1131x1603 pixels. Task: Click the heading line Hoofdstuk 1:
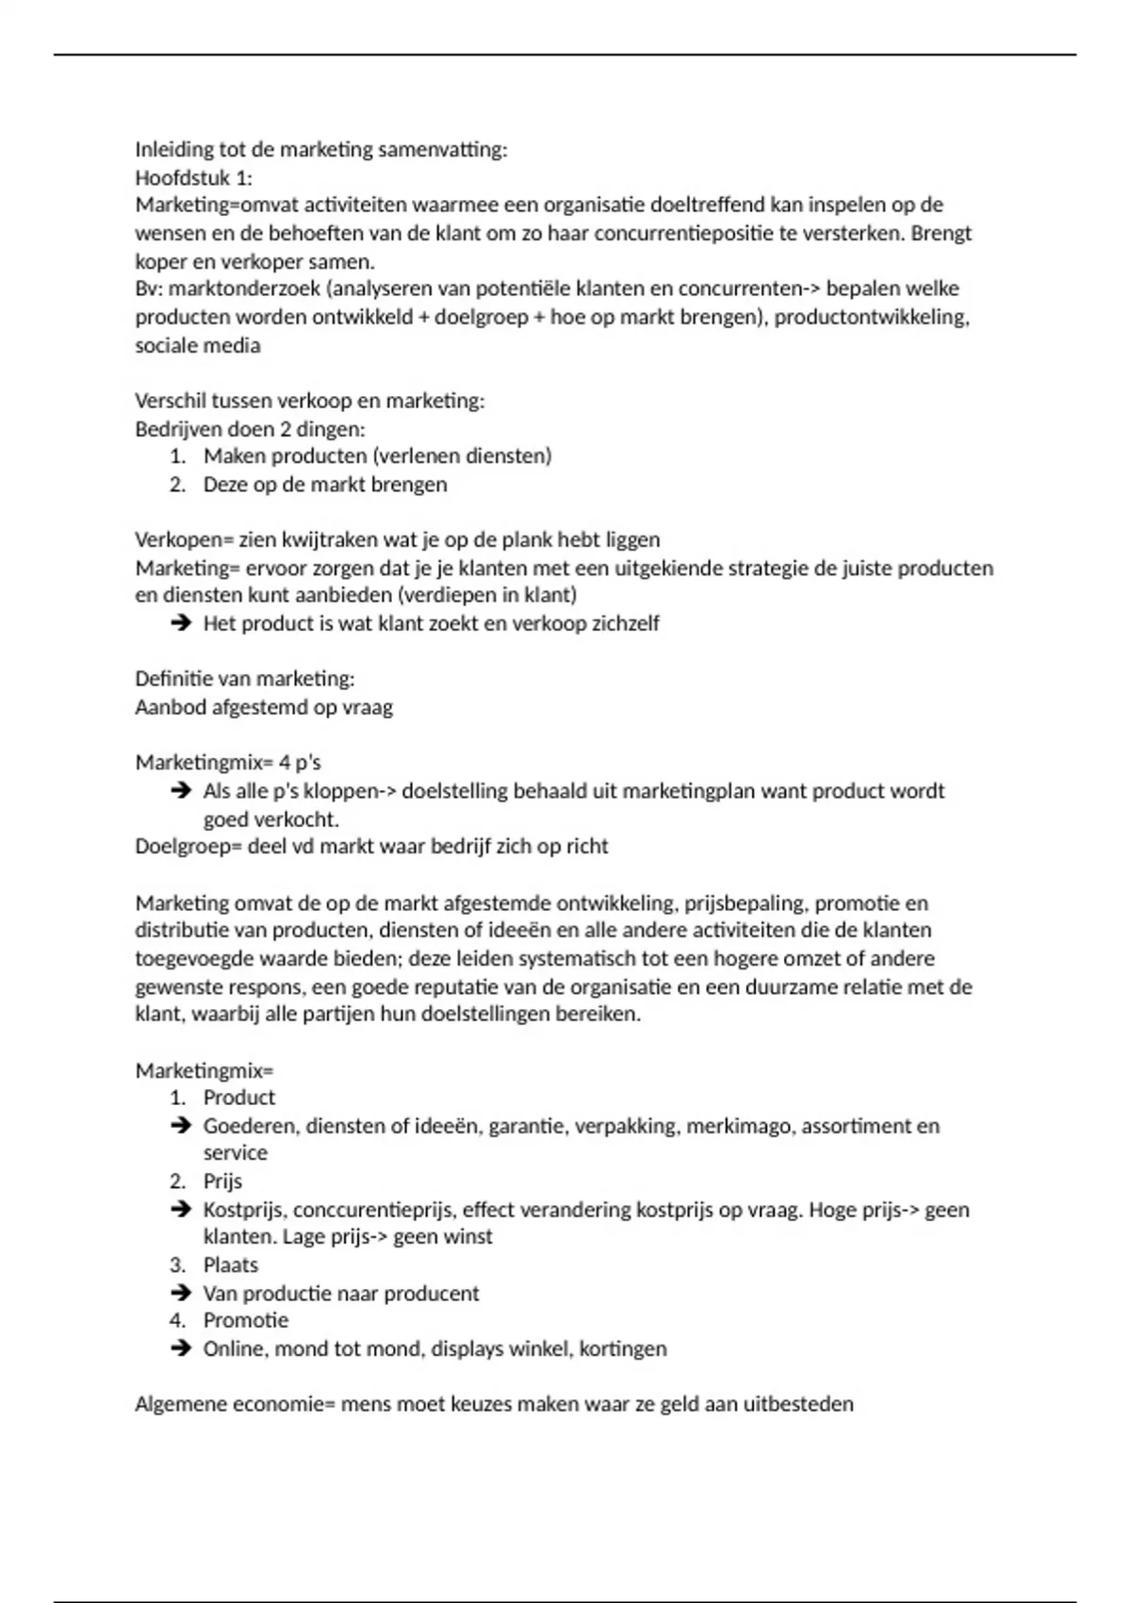[193, 177]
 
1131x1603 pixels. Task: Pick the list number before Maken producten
[178, 456]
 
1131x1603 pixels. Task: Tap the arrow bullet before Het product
[181, 623]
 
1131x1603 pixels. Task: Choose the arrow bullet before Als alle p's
[181, 791]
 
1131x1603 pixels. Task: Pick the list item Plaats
[230, 1265]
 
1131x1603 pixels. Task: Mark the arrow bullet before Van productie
[181, 1294]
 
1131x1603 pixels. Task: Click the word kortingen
[623, 1349]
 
